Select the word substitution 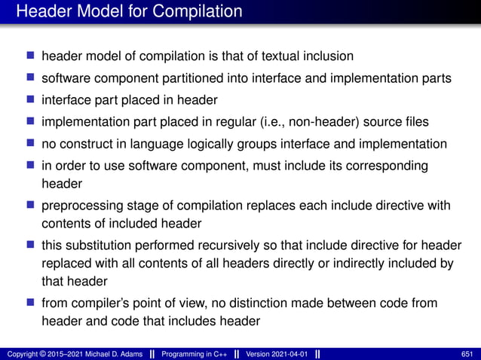coord(97,246)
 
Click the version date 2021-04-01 coord(290,354)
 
